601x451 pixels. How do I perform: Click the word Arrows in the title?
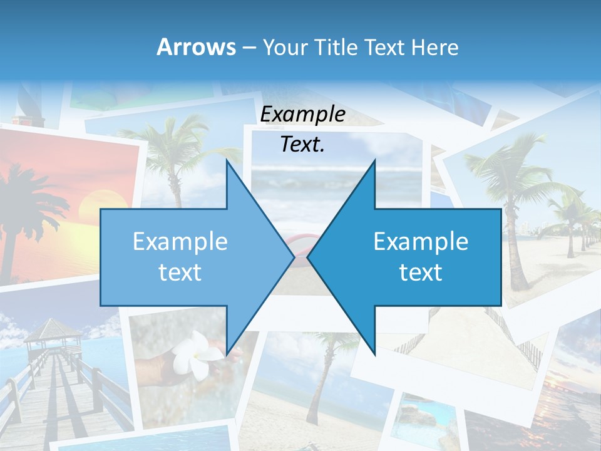click(x=196, y=47)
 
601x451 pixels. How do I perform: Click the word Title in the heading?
click(x=336, y=47)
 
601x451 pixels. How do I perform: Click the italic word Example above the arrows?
click(x=302, y=114)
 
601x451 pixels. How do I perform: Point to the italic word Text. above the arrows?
click(x=302, y=145)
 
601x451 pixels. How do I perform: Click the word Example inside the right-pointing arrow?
click(x=180, y=241)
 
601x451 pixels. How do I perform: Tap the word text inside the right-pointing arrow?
click(x=180, y=272)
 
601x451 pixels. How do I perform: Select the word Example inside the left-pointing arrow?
click(x=421, y=241)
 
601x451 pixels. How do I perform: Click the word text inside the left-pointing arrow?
click(x=421, y=272)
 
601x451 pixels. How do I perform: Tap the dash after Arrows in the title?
click(x=249, y=48)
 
